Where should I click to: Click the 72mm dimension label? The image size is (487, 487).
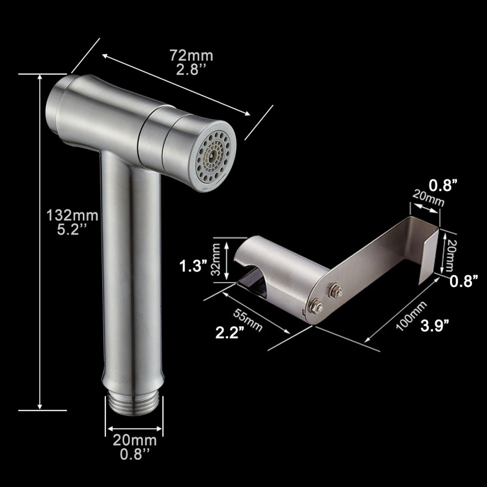coord(191,56)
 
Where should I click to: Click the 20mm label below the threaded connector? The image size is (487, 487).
coord(134,441)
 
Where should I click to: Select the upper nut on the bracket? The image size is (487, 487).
coord(336,292)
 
